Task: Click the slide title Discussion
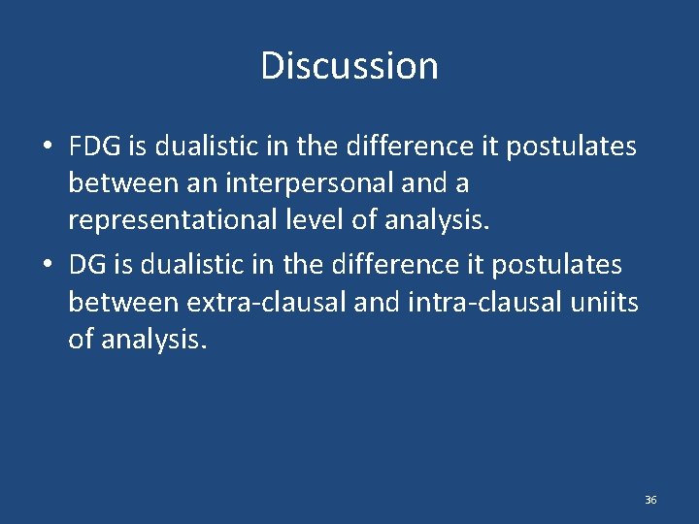pos(349,66)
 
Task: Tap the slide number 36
pos(650,500)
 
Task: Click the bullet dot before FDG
pos(48,147)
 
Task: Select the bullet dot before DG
pos(48,265)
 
